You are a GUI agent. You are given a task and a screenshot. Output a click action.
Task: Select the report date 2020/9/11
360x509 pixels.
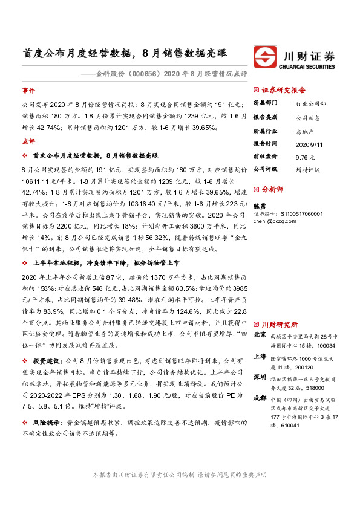pos(308,144)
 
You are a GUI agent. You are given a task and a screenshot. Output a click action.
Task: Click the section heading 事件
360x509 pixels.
pos(28,90)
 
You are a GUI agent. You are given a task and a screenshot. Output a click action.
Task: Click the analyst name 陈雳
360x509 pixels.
pos(259,206)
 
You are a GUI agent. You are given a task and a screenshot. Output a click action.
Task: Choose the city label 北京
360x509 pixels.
pos(259,334)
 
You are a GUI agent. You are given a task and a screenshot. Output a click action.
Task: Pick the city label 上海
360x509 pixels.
pos(259,357)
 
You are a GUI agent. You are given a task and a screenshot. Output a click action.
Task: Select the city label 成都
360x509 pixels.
pos(259,398)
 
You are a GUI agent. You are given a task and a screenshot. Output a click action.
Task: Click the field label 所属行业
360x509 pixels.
pos(264,131)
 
